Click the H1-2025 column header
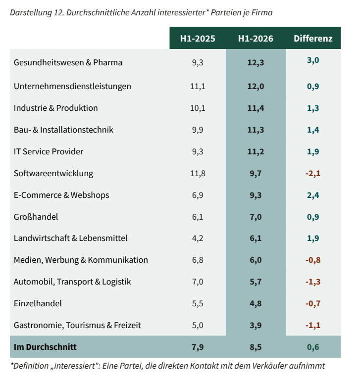[x=198, y=39]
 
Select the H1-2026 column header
[x=256, y=39]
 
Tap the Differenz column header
[x=313, y=39]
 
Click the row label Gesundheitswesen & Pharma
[x=68, y=62]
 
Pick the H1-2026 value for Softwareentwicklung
[x=256, y=174]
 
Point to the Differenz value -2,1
[x=313, y=174]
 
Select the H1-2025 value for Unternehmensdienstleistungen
[x=198, y=86]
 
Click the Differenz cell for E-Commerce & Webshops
[x=313, y=195]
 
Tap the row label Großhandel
[x=36, y=217]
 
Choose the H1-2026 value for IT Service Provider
[x=256, y=151]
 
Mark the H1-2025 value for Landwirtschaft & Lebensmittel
[x=198, y=238]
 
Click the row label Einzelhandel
[x=38, y=303]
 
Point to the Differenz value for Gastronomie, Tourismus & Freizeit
[x=313, y=326]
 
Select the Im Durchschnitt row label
[x=45, y=347]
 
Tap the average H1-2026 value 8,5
[x=256, y=347]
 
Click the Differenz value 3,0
[x=313, y=60]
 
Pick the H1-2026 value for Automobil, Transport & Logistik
[x=256, y=282]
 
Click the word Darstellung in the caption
[x=31, y=12]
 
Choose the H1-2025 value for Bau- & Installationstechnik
[x=198, y=130]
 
